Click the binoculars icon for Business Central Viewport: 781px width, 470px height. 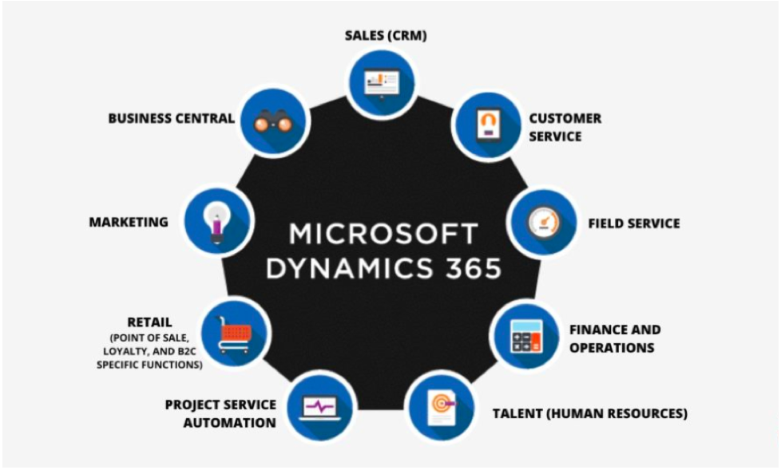[273, 122]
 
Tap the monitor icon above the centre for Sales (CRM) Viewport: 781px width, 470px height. [381, 81]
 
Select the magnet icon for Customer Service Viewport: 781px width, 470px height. [486, 125]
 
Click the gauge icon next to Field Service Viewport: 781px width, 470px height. [544, 221]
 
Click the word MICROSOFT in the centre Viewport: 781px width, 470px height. [383, 234]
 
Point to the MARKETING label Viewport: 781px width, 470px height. [129, 222]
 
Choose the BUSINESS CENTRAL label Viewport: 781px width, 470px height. [171, 119]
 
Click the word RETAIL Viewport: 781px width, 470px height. [149, 322]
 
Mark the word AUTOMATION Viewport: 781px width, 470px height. [230, 423]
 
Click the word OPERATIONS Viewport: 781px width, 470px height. [612, 347]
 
